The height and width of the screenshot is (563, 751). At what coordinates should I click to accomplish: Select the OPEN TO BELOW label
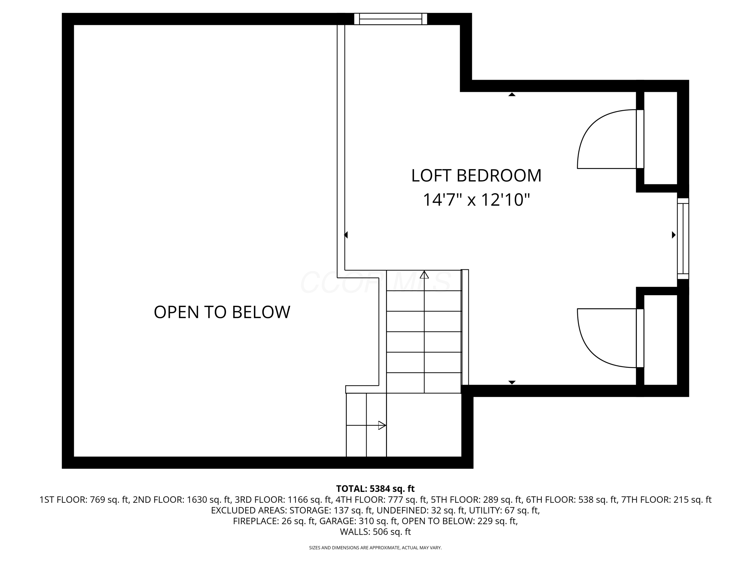pos(222,312)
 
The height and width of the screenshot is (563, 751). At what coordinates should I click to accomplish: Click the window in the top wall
pos(391,19)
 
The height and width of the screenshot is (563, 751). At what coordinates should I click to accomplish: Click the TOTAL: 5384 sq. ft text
pos(375,489)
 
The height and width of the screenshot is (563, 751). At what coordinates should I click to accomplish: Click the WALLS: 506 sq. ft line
pos(375,532)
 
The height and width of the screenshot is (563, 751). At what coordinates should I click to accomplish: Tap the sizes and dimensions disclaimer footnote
pos(375,548)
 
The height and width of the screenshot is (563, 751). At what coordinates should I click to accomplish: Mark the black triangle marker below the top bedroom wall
pos(512,95)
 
